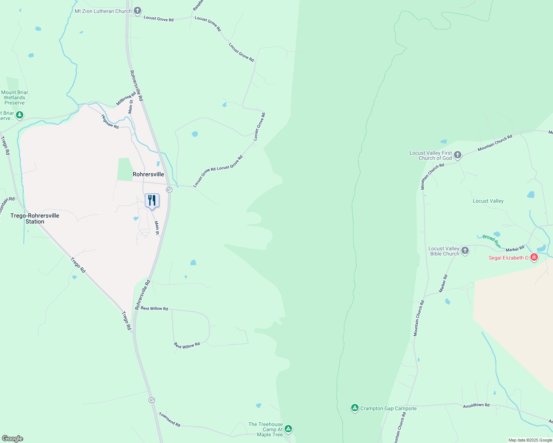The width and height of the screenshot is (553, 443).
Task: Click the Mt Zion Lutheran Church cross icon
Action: (138, 11)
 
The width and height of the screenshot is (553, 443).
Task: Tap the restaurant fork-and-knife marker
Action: (152, 200)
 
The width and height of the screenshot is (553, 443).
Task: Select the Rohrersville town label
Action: (148, 174)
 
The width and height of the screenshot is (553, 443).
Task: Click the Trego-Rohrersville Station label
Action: (35, 219)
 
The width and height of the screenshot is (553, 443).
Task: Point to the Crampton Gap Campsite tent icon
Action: (355, 408)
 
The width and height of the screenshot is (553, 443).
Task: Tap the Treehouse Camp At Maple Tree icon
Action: (289, 429)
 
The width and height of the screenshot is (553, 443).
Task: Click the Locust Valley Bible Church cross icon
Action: (465, 251)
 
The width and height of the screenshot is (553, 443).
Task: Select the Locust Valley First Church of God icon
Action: (458, 155)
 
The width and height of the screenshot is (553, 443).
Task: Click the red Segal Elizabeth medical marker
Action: (534, 257)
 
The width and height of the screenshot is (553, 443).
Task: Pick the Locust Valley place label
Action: (488, 201)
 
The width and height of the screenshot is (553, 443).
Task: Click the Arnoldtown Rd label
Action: (476, 405)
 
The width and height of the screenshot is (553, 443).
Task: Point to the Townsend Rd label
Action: (170, 420)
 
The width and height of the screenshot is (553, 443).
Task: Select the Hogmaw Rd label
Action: (110, 121)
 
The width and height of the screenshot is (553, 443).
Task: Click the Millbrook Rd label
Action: (126, 99)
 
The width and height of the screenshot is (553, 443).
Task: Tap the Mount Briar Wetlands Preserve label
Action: (15, 97)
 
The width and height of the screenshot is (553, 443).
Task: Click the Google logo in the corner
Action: (13, 439)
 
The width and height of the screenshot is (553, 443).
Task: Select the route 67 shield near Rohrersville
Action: (169, 190)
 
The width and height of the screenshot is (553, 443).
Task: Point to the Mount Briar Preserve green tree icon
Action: (20, 115)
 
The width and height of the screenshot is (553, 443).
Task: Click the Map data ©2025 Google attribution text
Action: (530, 440)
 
